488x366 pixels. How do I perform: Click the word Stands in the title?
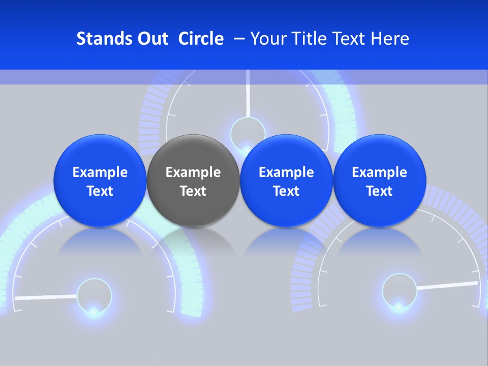tap(101, 39)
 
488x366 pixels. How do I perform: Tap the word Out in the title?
tap(151, 39)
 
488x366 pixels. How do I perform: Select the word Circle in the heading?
tap(201, 39)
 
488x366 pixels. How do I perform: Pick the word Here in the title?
tap(390, 39)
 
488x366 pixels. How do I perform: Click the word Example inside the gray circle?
tap(193, 172)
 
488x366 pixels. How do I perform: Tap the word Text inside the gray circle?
tap(193, 191)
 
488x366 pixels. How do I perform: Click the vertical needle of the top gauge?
tap(248, 94)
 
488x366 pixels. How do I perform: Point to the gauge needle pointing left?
tap(46, 296)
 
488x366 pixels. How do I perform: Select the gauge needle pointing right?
tap(447, 285)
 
